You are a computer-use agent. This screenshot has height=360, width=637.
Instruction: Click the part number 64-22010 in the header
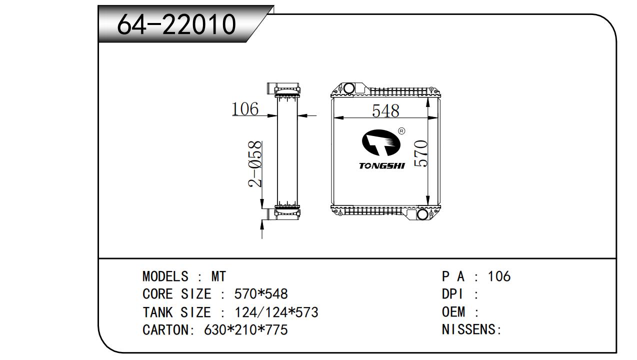pos(176,24)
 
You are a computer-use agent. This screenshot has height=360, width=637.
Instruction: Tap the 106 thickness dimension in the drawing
pos(245,108)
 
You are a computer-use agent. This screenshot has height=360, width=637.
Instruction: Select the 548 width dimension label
pos(385,110)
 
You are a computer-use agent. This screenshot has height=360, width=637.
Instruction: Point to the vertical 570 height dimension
pos(421,153)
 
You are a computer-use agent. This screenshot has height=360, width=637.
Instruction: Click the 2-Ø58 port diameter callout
pos(255,164)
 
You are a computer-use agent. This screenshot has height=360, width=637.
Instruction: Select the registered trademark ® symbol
pos(401,131)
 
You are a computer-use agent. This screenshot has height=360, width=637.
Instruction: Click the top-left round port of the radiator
pos(349,89)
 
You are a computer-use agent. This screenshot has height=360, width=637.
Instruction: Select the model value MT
pos(218,276)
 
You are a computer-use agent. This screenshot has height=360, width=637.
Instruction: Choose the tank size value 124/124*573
pos(276,312)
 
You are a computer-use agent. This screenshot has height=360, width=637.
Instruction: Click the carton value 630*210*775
pos(246,330)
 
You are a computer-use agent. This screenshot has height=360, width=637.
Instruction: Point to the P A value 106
pos(499,276)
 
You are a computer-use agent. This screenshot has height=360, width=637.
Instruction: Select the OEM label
pos(453,312)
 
